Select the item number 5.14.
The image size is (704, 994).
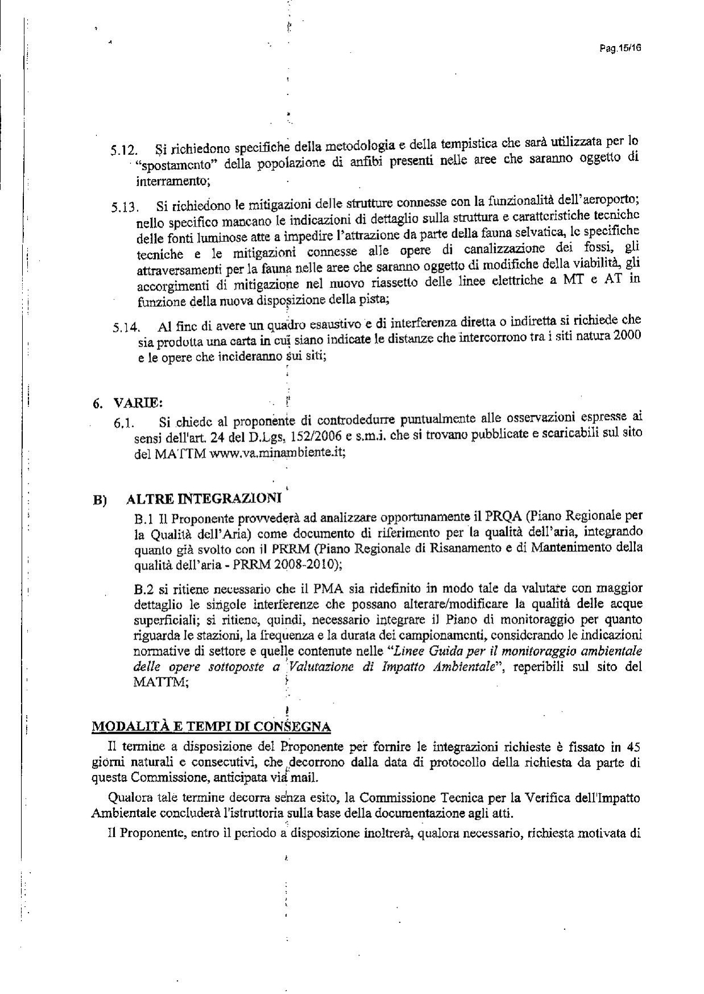[125, 327]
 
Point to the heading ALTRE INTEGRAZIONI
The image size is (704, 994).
[204, 499]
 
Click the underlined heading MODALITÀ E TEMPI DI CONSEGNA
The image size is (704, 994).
[211, 727]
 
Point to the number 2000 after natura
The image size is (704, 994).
[627, 335]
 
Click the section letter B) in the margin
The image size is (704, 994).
[100, 501]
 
